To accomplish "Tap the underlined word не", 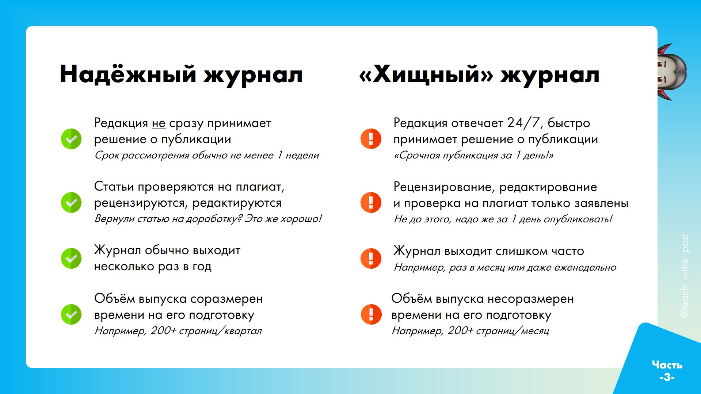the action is point(159,123).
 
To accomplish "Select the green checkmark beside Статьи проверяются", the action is point(71,202).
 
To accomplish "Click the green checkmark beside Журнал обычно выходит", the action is point(71,258).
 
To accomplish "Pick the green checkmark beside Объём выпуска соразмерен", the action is point(71,314).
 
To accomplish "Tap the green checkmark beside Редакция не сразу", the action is point(71,139).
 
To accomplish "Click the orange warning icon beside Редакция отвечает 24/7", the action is point(371,139).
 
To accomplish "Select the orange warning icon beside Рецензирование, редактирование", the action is point(371,202).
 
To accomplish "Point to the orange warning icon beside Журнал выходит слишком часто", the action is point(371,258).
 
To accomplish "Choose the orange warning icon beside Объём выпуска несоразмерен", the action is point(371,314).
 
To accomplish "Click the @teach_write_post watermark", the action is point(684,276).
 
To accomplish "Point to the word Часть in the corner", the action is point(667,364).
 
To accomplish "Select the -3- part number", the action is point(667,377).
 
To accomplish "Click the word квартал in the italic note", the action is point(243,331).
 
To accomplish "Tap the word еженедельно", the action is point(585,267).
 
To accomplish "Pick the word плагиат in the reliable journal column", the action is point(260,187).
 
